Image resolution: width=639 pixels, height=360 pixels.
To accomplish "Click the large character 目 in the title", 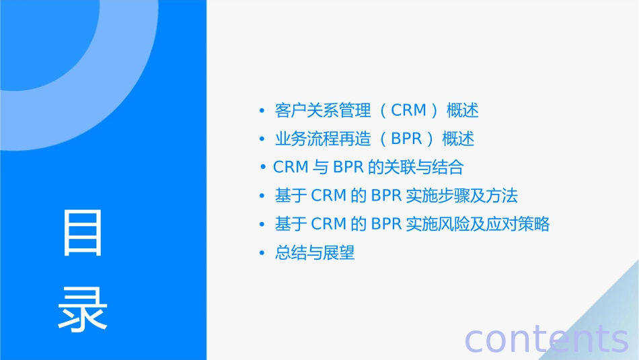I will point(83,233).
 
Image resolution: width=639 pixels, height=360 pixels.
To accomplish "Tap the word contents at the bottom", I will point(546,339).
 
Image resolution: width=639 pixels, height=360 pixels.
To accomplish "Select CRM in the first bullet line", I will point(409,110).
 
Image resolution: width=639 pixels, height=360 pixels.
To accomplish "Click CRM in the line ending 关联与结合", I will point(291,167).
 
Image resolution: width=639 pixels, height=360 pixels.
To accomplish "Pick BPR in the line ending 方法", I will point(386,196).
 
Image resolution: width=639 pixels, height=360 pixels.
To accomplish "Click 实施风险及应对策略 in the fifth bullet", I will point(478,224).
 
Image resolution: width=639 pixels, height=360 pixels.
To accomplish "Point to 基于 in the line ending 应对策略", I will point(291,224).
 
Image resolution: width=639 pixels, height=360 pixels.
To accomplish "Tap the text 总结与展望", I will point(315,253).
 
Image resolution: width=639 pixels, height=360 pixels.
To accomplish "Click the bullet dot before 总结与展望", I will point(262,254).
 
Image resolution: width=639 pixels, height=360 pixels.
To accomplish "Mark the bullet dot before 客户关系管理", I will point(262,110).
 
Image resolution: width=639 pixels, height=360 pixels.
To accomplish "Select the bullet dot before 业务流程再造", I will point(262,139).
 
